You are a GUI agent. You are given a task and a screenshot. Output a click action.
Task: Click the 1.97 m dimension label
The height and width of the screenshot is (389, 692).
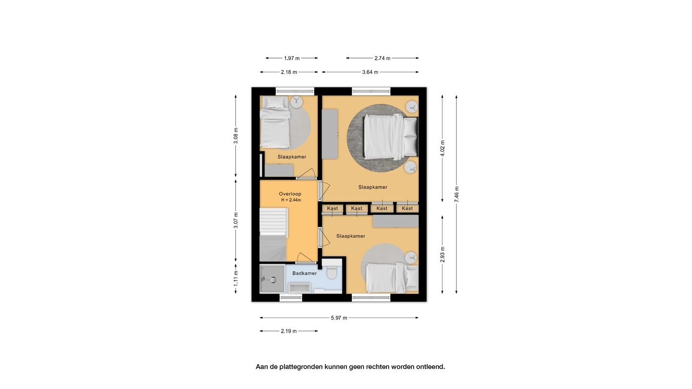pos(292,58)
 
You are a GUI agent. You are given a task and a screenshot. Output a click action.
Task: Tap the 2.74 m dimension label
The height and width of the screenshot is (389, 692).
pos(383,58)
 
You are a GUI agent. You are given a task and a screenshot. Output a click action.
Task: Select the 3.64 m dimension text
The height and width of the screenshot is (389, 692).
pos(370,72)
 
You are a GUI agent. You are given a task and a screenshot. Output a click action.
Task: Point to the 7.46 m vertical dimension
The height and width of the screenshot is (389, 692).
pos(457,194)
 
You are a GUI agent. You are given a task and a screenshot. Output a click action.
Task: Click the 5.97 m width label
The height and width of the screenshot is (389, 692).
pos(339,318)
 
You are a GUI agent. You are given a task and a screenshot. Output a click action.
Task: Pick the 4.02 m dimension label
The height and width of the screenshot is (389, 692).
pos(443,148)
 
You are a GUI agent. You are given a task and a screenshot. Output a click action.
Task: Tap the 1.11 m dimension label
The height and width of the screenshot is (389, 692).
pos(235,278)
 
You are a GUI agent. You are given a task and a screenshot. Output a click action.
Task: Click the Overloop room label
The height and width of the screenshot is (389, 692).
pos(290,194)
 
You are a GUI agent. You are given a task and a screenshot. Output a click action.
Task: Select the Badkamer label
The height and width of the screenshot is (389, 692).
pos(305,273)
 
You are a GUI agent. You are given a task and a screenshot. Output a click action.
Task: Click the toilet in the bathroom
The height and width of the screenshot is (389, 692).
pos(332,271)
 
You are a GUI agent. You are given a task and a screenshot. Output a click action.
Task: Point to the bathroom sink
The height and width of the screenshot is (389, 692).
pos(299,288)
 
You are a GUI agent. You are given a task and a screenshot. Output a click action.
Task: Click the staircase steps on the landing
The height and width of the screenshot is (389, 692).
pos(273,222)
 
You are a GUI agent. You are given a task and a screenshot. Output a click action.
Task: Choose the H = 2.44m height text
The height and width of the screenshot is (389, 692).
pos(291,200)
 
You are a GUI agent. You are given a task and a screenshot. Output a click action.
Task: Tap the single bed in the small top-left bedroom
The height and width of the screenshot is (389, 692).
pos(275,122)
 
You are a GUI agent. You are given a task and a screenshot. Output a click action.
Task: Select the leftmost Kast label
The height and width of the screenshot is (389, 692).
pos(333,208)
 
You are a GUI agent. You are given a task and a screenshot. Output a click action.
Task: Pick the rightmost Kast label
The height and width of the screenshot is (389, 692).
pos(407,208)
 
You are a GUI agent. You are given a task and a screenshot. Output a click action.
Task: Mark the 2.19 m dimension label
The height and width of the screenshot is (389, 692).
pos(289,331)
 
